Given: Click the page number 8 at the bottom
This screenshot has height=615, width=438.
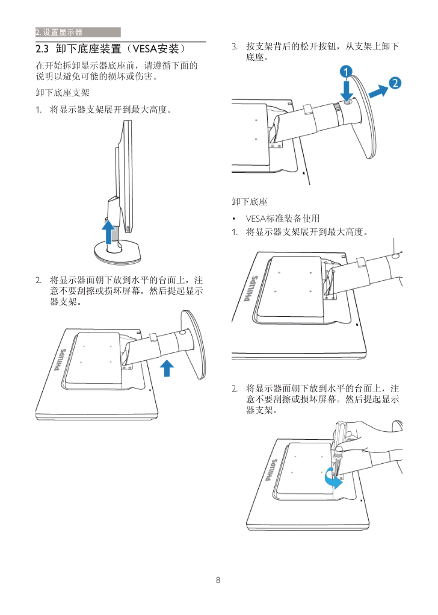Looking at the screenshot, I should click(218, 581).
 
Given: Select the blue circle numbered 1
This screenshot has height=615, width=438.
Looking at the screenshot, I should click(346, 72).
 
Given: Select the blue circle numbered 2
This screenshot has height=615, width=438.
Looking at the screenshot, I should click(395, 83).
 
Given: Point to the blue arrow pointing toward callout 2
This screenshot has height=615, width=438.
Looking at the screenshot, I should click(377, 91).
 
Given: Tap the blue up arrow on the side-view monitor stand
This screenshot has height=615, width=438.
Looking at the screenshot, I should click(108, 232).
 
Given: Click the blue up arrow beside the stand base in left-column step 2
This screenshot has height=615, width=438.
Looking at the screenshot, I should click(167, 366).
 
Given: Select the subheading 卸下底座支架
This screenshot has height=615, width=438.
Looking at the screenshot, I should click(63, 93).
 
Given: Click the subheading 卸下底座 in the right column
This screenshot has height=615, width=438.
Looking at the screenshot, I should click(250, 202).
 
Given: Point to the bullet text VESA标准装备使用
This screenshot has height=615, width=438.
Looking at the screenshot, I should click(282, 218).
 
